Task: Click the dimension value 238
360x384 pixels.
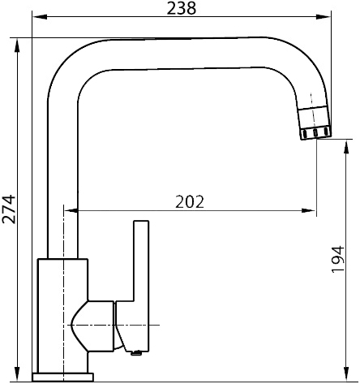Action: [182, 8]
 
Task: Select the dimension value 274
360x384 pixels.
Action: [9, 209]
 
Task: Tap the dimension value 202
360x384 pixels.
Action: [190, 201]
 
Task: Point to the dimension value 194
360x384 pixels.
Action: [338, 259]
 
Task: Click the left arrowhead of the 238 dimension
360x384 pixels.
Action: [39, 17]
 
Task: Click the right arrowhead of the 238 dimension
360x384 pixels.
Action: [324, 17]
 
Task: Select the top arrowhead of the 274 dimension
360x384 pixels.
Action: [17, 45]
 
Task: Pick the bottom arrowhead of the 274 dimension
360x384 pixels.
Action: [17, 373]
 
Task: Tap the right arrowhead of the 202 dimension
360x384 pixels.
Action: [308, 210]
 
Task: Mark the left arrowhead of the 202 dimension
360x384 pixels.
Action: [71, 210]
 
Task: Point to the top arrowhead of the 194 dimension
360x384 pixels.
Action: [346, 146]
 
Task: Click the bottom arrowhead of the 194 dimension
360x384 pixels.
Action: [346, 373]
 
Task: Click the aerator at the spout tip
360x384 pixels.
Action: [315, 123]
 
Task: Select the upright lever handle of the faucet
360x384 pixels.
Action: [141, 287]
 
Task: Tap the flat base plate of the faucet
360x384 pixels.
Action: [62, 377]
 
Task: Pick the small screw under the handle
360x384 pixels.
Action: [136, 352]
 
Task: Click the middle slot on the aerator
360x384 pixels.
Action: [315, 133]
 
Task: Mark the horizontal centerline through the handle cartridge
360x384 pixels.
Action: [114, 325]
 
